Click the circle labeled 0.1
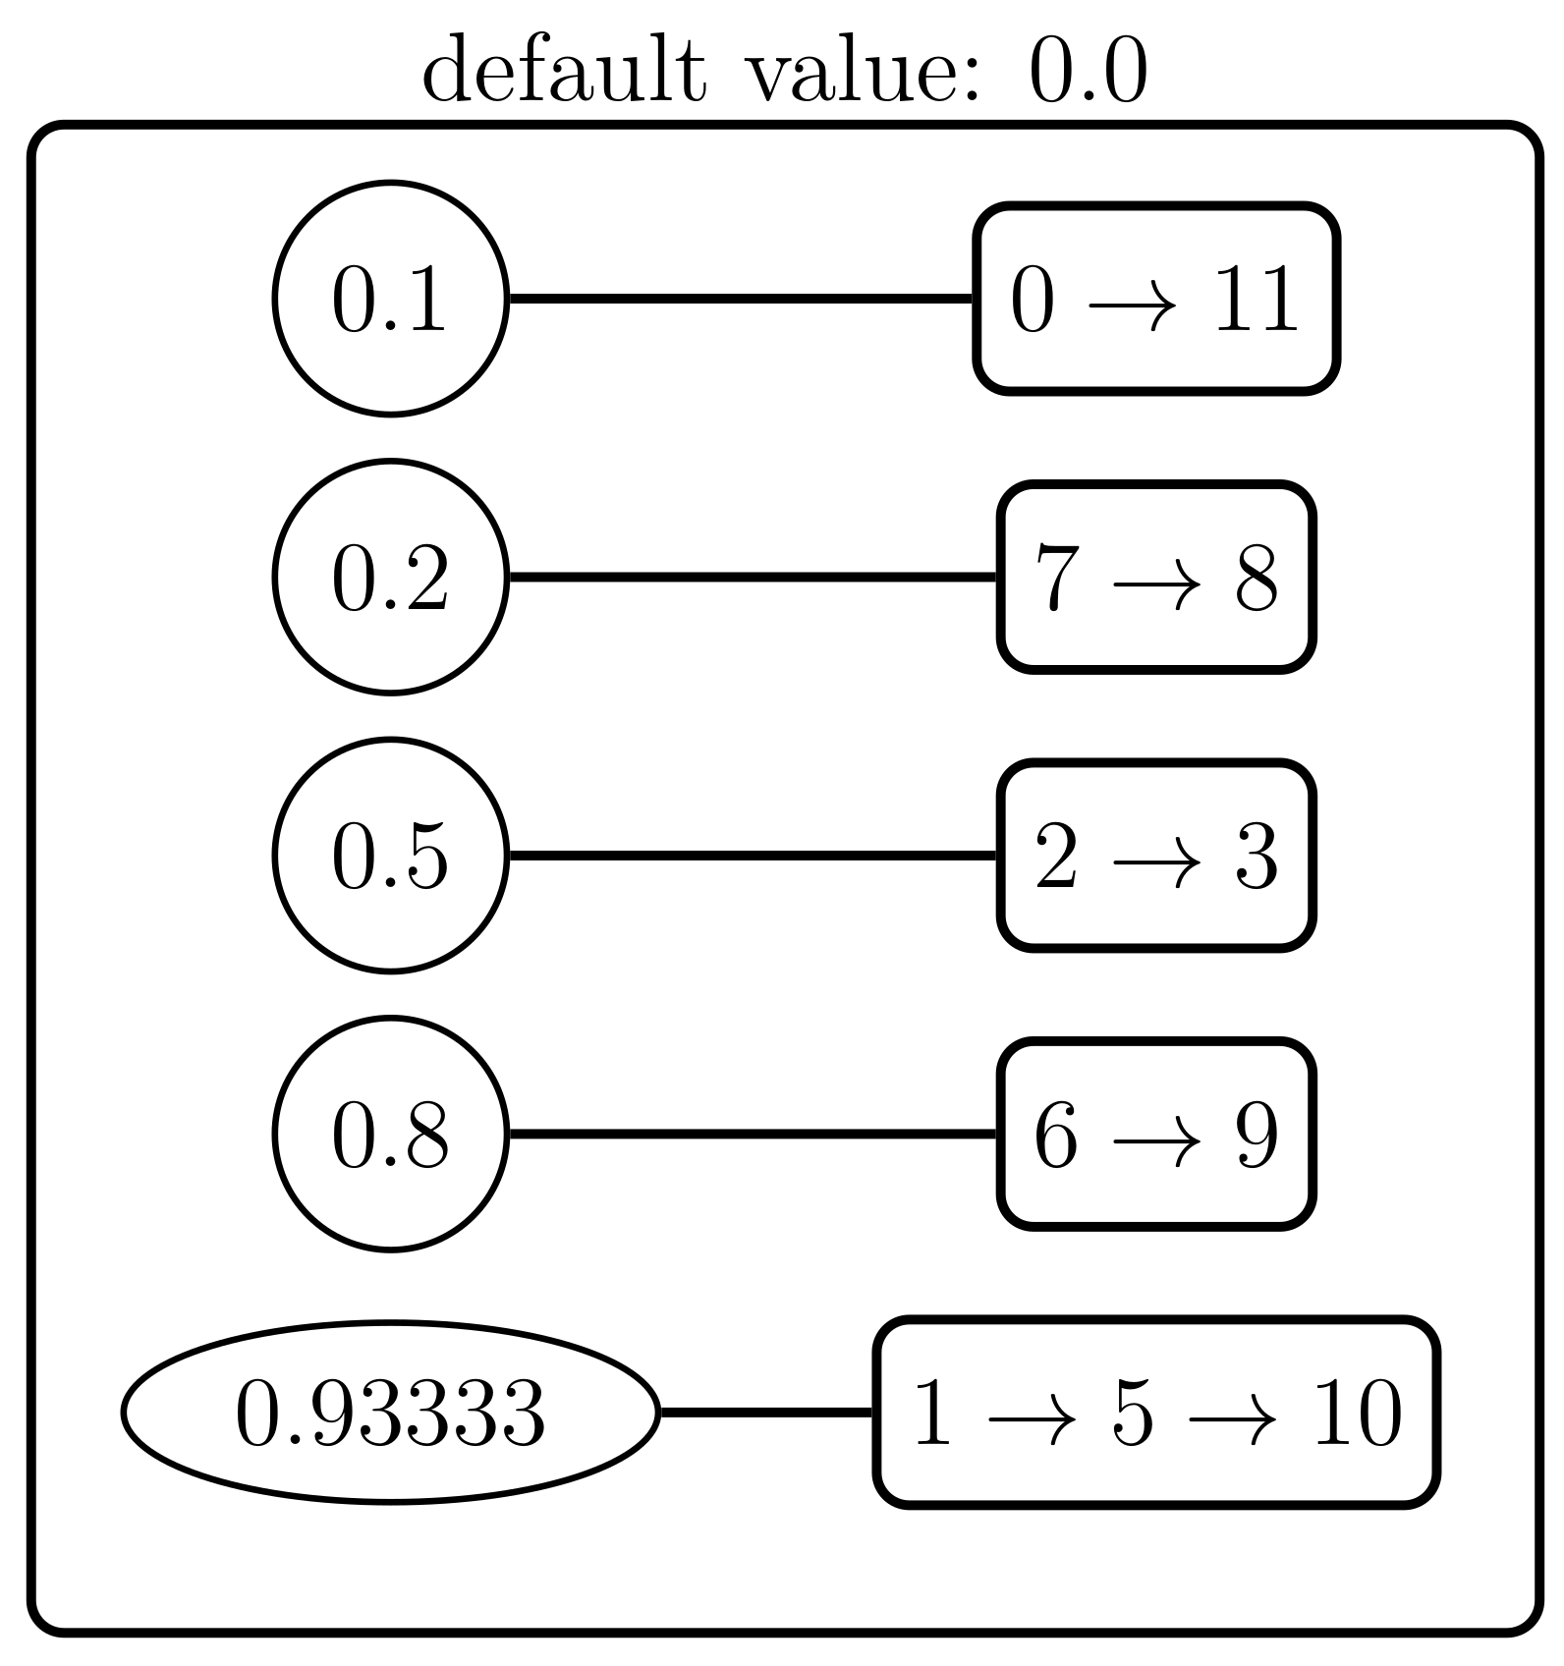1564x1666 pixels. click(x=390, y=299)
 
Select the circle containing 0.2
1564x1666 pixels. click(x=390, y=577)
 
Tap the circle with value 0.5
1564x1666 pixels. click(x=390, y=856)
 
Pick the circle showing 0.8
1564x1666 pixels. click(x=390, y=1134)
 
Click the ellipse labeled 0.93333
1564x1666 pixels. click(x=390, y=1413)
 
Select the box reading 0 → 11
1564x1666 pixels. click(x=1156, y=299)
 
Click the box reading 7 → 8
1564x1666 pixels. click(x=1156, y=577)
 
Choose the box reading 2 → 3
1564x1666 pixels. click(x=1156, y=856)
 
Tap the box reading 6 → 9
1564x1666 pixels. click(x=1156, y=1134)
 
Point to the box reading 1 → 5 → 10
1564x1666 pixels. click(x=1156, y=1413)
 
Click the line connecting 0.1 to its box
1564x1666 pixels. click(x=742, y=299)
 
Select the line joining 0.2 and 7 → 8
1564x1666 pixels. click(x=754, y=577)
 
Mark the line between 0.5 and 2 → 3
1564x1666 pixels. click(x=754, y=856)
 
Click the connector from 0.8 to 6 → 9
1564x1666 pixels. click(x=754, y=1134)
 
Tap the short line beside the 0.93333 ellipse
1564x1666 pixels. click(x=766, y=1413)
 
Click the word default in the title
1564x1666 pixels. click(x=564, y=71)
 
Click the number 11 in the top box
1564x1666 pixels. click(x=1257, y=300)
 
